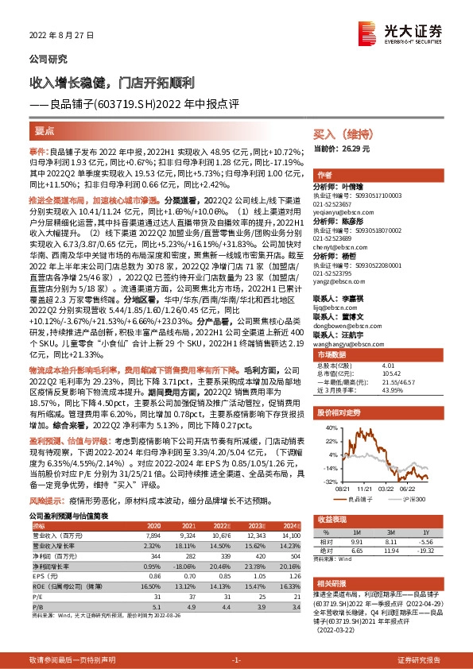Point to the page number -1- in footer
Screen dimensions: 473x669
click(236, 659)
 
